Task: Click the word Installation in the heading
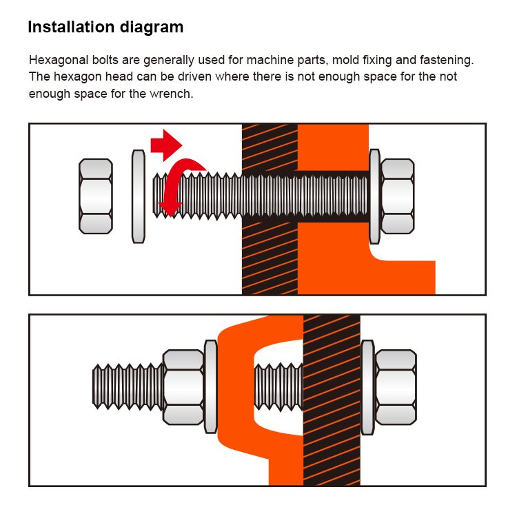coord(71,27)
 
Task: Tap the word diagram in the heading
coord(152,28)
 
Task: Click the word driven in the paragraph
coord(194,76)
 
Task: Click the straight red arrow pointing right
coord(166,145)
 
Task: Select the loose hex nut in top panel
coord(96,196)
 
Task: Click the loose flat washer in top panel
coord(138,196)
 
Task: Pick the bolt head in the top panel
coord(397,196)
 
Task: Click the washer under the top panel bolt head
coord(374,196)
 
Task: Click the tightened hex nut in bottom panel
coord(183,387)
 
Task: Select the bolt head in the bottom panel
coord(396,387)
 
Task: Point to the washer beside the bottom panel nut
coord(211,387)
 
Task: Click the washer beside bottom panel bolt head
coord(367,387)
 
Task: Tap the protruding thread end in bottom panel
coord(128,387)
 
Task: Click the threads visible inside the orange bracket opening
coord(278,387)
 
